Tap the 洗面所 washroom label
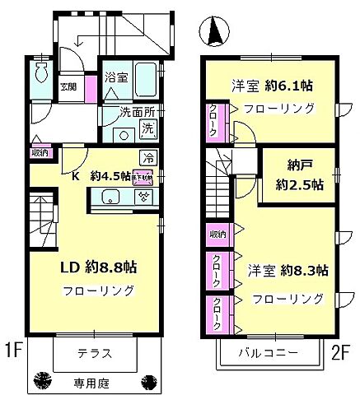(121, 114)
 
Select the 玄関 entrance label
(67, 85)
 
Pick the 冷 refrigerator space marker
(148, 157)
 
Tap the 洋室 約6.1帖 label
(275, 85)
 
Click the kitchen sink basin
(110, 196)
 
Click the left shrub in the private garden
(39, 380)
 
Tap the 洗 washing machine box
(147, 128)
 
